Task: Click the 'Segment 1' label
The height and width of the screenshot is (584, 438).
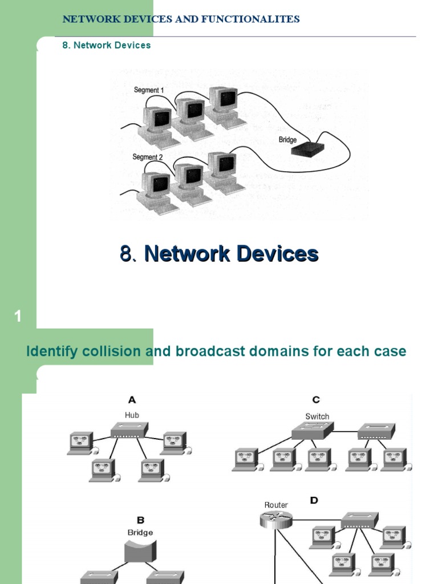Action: (148, 90)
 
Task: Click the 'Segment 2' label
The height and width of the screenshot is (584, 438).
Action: (148, 157)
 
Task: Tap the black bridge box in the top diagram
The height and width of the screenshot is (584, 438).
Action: (307, 149)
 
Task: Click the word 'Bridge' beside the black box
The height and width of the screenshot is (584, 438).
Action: (288, 140)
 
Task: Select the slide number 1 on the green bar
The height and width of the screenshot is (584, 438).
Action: (18, 317)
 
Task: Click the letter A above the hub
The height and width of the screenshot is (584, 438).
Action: (132, 400)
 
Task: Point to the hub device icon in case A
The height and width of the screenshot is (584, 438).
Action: (129, 429)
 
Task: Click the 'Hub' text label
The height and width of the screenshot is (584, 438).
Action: (132, 415)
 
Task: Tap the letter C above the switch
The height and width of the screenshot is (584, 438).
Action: (316, 400)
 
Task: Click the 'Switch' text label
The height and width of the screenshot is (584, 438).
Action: (317, 416)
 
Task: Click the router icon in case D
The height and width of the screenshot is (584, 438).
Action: (275, 520)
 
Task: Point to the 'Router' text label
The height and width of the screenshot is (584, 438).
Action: (276, 505)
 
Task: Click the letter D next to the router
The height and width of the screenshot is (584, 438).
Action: (314, 500)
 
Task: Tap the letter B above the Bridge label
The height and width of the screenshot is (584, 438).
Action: (140, 520)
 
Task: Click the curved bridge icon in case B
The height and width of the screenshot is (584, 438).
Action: (140, 551)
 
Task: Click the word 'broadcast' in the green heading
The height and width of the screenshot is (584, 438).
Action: (202, 351)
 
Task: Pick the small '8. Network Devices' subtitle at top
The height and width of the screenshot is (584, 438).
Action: (107, 45)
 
